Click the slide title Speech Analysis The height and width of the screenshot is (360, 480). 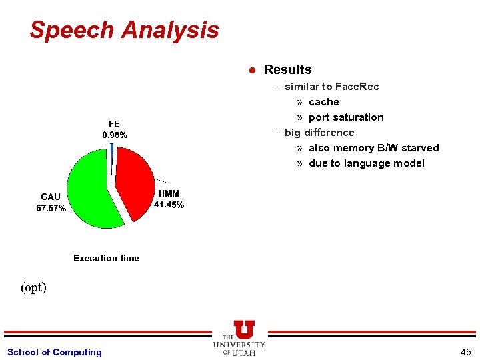pos(124,30)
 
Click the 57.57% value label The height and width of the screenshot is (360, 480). pos(51,208)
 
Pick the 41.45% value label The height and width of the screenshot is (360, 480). pos(169,205)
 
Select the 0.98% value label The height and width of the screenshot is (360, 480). pos(114,135)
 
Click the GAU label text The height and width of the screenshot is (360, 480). pos(51,197)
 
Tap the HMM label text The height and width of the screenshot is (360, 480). pos(168,193)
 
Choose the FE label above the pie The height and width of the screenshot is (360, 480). pos(114,124)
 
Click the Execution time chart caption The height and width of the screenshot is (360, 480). pos(106,258)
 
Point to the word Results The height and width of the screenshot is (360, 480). pos(287,69)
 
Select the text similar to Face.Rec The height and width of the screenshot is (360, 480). pos(331,87)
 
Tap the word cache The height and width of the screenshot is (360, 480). pos(324,102)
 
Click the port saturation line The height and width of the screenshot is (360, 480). pos(346,117)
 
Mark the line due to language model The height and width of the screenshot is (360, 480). pos(366,163)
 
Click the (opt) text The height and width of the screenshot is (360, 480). pos(33,287)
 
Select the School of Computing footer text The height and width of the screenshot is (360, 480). pos(55,352)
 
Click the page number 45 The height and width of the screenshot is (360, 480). pos(465,352)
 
